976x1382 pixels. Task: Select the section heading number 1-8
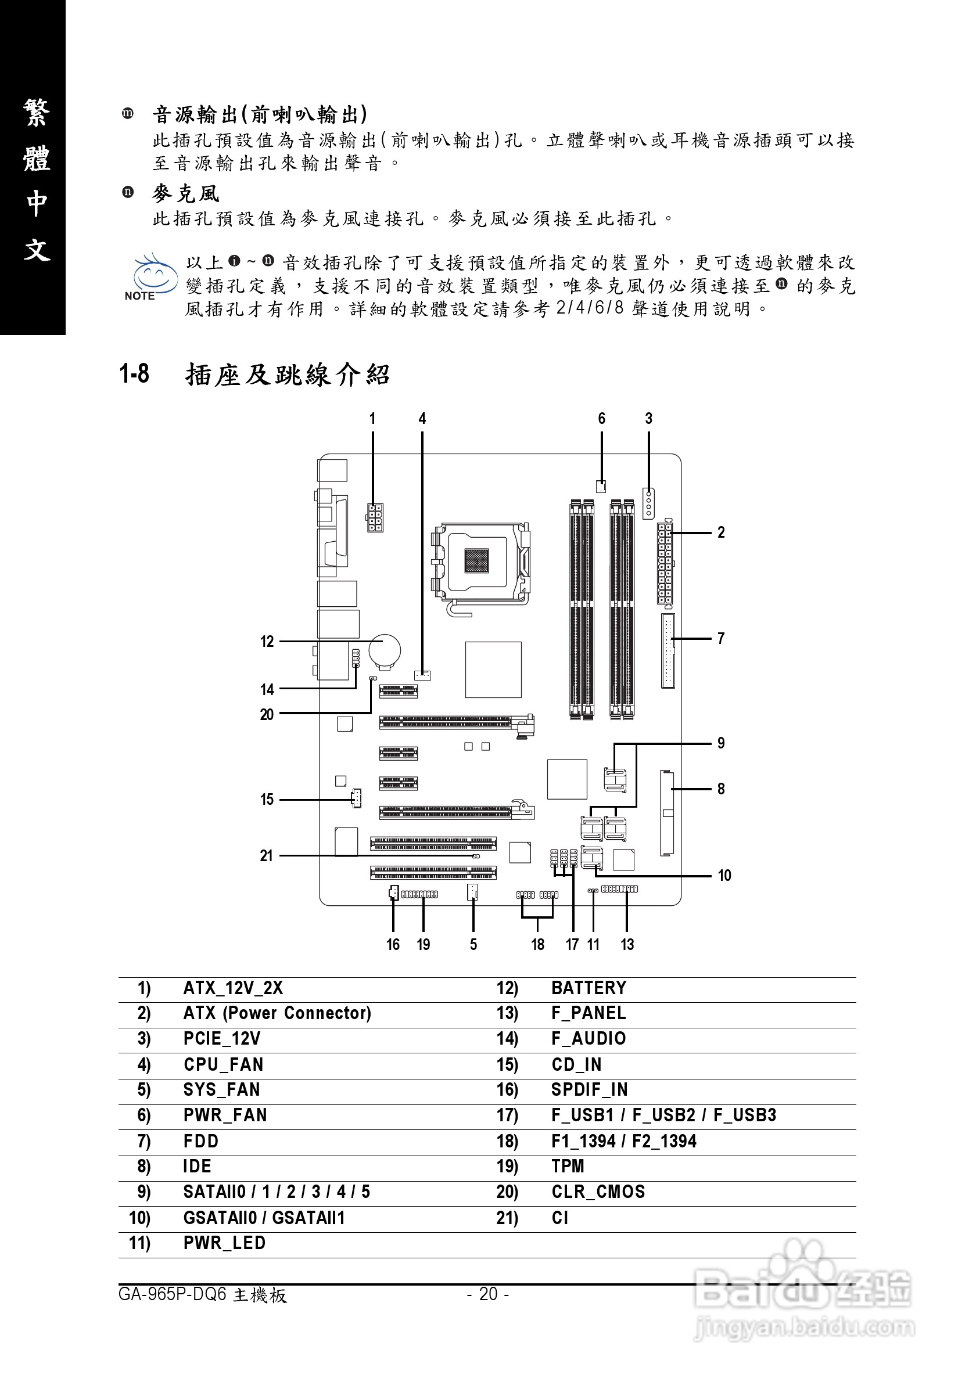(x=134, y=375)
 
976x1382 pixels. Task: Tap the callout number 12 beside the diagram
(x=267, y=642)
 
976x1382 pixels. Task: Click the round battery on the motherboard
(x=385, y=651)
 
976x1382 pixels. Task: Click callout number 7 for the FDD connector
(x=721, y=638)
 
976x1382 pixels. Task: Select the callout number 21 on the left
(x=266, y=855)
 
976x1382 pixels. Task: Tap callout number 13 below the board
(x=627, y=944)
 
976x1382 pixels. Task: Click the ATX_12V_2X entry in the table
(x=233, y=988)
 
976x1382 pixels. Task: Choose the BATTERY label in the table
(x=589, y=988)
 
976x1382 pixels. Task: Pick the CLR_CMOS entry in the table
(x=598, y=1192)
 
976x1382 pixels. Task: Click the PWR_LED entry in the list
(x=224, y=1243)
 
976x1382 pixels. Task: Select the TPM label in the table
(x=568, y=1167)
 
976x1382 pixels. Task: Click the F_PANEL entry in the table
(x=589, y=1013)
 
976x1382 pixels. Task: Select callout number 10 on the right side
(x=724, y=875)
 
